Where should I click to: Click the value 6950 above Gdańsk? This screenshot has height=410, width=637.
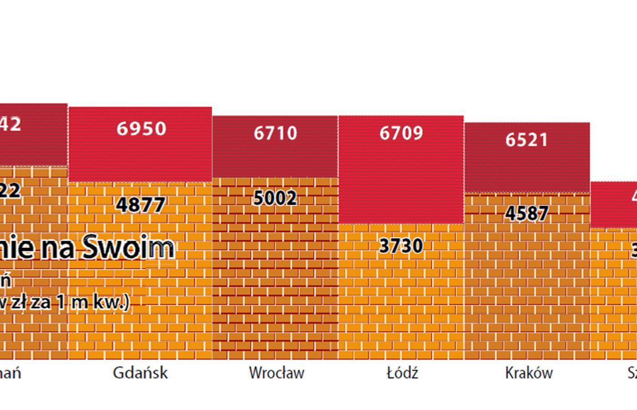click(141, 129)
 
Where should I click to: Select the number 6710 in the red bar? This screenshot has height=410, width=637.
click(275, 133)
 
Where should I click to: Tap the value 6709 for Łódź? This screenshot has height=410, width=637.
click(401, 133)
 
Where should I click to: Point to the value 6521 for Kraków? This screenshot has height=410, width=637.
click(526, 140)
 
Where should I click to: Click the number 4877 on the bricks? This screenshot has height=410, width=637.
click(141, 205)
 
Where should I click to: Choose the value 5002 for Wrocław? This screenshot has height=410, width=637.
click(275, 198)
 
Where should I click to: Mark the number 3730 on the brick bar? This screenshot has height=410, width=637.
click(401, 246)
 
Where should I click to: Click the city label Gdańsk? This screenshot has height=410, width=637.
click(140, 373)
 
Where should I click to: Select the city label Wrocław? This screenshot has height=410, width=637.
click(276, 373)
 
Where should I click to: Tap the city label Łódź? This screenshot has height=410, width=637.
click(402, 373)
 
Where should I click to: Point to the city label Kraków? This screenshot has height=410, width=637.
click(529, 373)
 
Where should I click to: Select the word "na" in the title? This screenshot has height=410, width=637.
click(61, 249)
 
